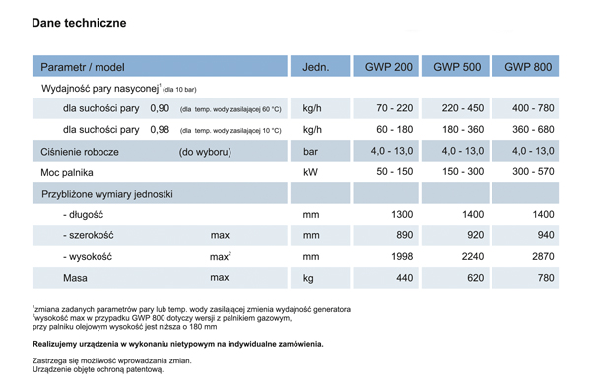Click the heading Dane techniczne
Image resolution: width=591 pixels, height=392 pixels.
[78, 22]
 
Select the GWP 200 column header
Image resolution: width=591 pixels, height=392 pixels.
[389, 67]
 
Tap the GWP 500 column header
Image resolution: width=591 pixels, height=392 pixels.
[457, 67]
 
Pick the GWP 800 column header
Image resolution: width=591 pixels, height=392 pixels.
[528, 67]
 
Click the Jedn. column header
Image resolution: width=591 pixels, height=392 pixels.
[315, 67]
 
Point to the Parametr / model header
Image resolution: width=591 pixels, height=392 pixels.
[83, 67]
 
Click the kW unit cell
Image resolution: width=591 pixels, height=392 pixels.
[311, 172]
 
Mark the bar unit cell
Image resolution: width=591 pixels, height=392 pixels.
[311, 152]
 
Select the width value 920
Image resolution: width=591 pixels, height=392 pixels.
[472, 236]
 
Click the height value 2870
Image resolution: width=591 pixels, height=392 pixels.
[543, 257]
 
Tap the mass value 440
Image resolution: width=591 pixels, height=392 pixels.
[403, 279]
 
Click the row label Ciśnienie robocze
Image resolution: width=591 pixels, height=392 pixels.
[80, 152]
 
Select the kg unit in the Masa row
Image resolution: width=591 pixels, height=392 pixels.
[309, 279]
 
